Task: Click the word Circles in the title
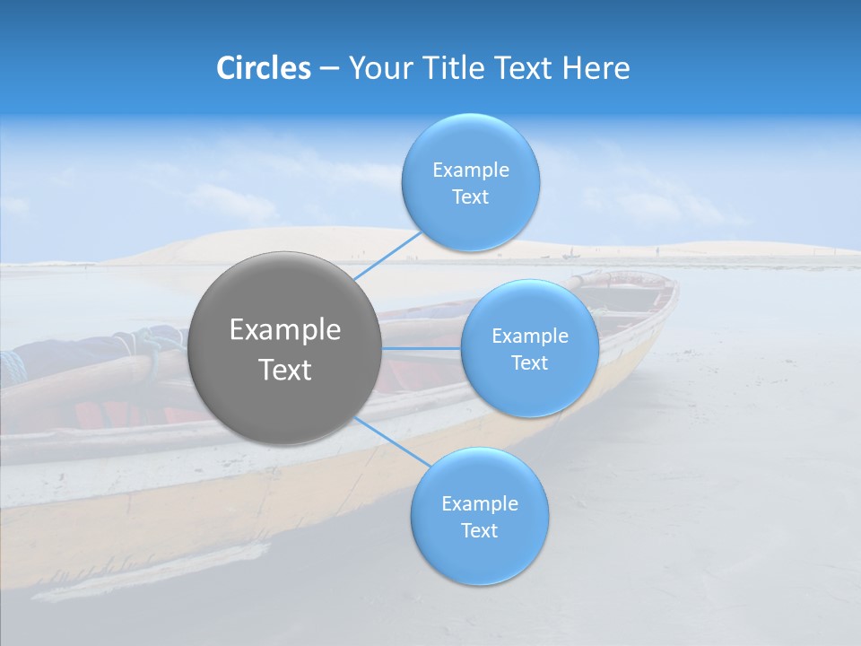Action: pyautogui.click(x=263, y=68)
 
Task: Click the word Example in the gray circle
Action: pyautogui.click(x=285, y=330)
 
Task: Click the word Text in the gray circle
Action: pyautogui.click(x=285, y=370)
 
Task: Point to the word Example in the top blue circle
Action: pyautogui.click(x=471, y=170)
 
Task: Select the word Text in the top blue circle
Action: pyautogui.click(x=471, y=197)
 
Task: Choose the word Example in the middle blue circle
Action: pyautogui.click(x=530, y=336)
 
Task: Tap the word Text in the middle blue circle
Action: pyautogui.click(x=530, y=363)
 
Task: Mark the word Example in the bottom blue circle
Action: pyautogui.click(x=480, y=504)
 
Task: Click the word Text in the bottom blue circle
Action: pyautogui.click(x=480, y=531)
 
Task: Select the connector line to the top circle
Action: pyautogui.click(x=387, y=255)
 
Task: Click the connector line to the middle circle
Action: pyautogui.click(x=422, y=347)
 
